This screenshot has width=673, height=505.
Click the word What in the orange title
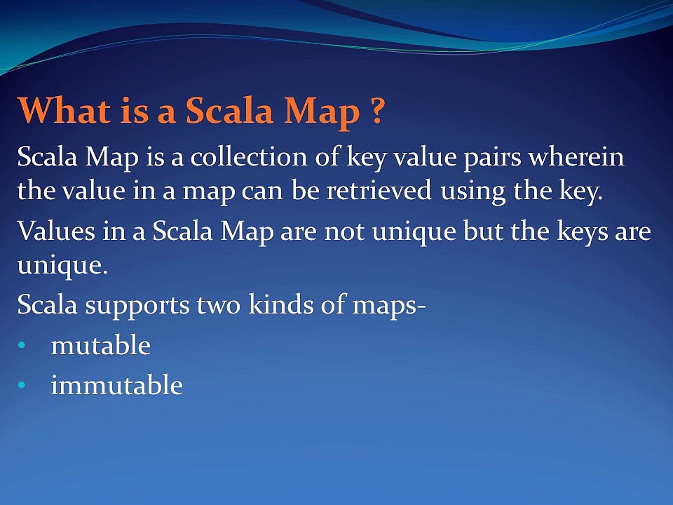pos(64,110)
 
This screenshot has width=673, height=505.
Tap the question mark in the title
pos(377,110)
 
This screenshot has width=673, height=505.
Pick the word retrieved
pos(379,190)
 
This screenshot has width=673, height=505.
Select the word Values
pos(56,231)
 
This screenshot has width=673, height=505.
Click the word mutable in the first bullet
pos(101,345)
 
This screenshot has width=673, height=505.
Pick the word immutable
pos(117,384)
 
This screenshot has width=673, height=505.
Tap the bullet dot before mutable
pos(22,345)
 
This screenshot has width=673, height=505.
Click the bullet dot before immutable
pos(22,385)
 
